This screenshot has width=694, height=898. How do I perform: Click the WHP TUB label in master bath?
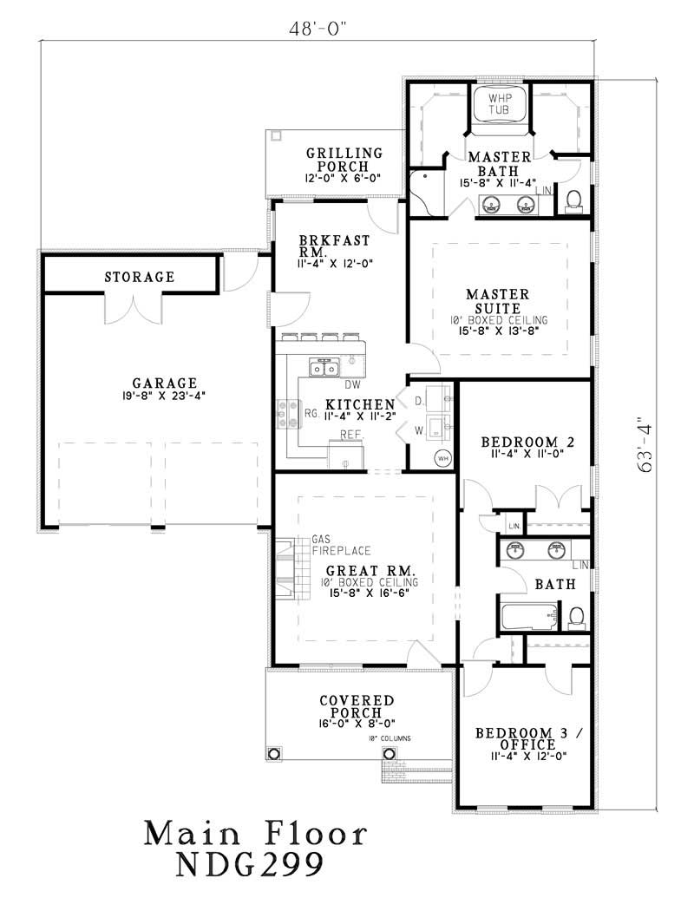point(501,103)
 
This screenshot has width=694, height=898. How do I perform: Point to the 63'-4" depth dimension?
point(645,448)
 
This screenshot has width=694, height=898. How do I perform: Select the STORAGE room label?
point(140,278)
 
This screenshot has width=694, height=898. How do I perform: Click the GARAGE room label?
point(164,383)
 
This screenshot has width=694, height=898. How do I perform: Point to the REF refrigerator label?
point(350,434)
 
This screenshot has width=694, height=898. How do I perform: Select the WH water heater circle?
point(442,457)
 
